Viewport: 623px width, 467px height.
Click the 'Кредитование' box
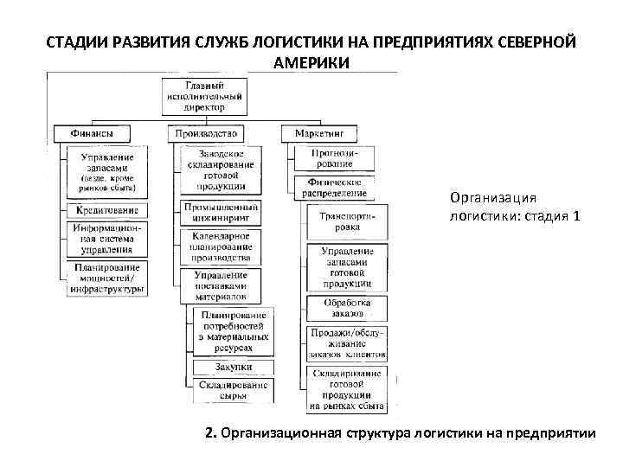coord(107,210)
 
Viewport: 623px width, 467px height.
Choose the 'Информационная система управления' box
coord(107,238)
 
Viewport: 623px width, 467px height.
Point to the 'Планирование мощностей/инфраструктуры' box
coord(107,278)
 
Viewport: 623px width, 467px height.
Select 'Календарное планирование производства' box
coord(222,246)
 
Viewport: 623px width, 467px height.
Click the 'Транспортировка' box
coord(348,222)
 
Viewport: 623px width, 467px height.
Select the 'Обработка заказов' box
coord(348,308)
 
